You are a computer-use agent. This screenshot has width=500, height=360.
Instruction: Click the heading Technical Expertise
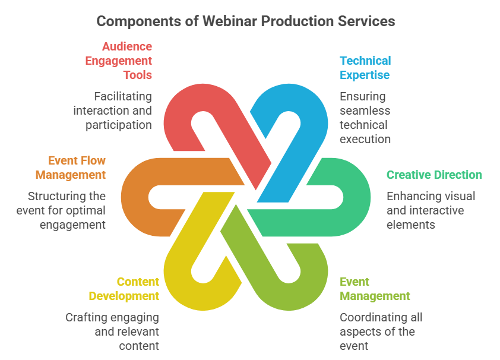(365, 68)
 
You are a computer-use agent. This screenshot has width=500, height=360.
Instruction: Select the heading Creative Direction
(434, 175)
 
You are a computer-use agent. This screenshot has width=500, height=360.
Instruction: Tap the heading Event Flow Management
(71, 168)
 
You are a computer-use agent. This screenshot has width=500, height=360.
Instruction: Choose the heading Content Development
(124, 289)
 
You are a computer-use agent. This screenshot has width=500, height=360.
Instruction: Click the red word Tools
(138, 75)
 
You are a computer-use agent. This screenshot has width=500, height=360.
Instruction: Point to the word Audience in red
(127, 46)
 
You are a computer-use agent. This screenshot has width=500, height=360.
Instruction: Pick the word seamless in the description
(365, 110)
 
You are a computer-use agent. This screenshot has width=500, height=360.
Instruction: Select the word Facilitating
(123, 96)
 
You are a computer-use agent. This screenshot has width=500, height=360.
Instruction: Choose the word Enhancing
(409, 196)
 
